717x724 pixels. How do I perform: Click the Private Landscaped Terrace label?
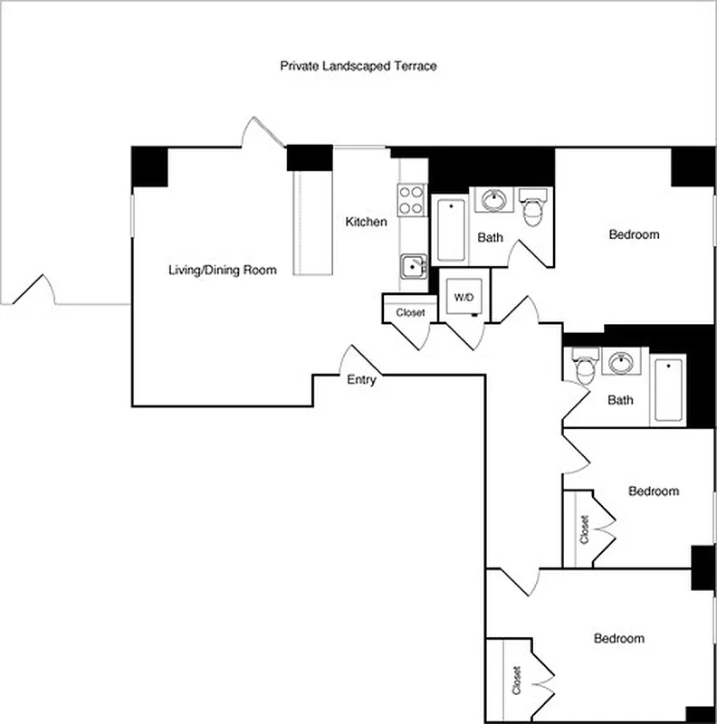358,66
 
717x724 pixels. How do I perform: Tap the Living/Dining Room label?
223,270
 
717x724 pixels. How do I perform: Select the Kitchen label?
367,222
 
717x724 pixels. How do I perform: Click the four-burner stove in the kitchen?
412,199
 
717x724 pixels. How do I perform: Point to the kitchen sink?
414,266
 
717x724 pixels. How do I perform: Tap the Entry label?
361,380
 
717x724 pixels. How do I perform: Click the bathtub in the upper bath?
450,230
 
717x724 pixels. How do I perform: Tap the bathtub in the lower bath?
669,390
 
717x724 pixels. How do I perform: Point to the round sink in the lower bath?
621,363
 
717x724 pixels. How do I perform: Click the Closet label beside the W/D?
410,313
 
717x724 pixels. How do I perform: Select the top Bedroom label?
634,234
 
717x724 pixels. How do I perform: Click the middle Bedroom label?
654,491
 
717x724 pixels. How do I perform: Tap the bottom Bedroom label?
619,638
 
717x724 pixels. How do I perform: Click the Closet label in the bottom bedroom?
517,681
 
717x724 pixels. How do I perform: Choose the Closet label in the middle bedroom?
584,529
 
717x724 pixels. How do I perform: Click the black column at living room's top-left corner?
149,167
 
